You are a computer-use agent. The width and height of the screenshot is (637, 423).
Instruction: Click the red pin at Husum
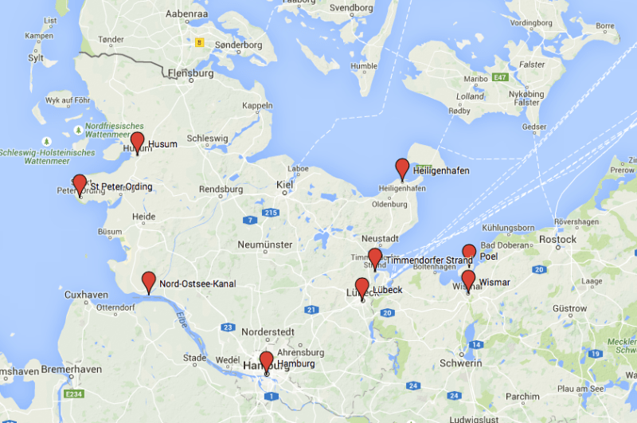[x=137, y=142]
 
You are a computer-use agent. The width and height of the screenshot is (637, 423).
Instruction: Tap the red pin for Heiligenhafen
[x=402, y=168]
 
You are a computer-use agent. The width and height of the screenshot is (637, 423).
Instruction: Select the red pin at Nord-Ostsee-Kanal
[x=149, y=281]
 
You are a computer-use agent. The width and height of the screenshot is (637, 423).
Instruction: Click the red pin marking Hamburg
[x=266, y=361]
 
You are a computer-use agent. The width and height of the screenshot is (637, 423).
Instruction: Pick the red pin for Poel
[x=469, y=253]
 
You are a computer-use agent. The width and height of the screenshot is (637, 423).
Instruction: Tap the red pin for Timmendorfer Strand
[x=375, y=258]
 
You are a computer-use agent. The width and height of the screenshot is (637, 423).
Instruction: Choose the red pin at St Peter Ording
[x=79, y=184]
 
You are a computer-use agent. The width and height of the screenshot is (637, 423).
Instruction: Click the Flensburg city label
[x=192, y=73]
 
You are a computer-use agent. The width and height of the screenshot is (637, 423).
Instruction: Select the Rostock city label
[x=557, y=239]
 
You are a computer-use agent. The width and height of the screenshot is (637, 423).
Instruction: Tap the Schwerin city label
[x=461, y=363]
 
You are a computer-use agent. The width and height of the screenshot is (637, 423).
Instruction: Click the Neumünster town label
[x=267, y=245]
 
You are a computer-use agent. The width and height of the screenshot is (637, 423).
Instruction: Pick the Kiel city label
[x=284, y=185]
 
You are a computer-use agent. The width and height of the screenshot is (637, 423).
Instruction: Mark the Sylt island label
[x=36, y=57]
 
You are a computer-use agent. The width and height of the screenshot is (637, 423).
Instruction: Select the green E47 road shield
[x=500, y=77]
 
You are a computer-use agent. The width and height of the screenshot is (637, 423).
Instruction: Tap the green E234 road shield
[x=73, y=394]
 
